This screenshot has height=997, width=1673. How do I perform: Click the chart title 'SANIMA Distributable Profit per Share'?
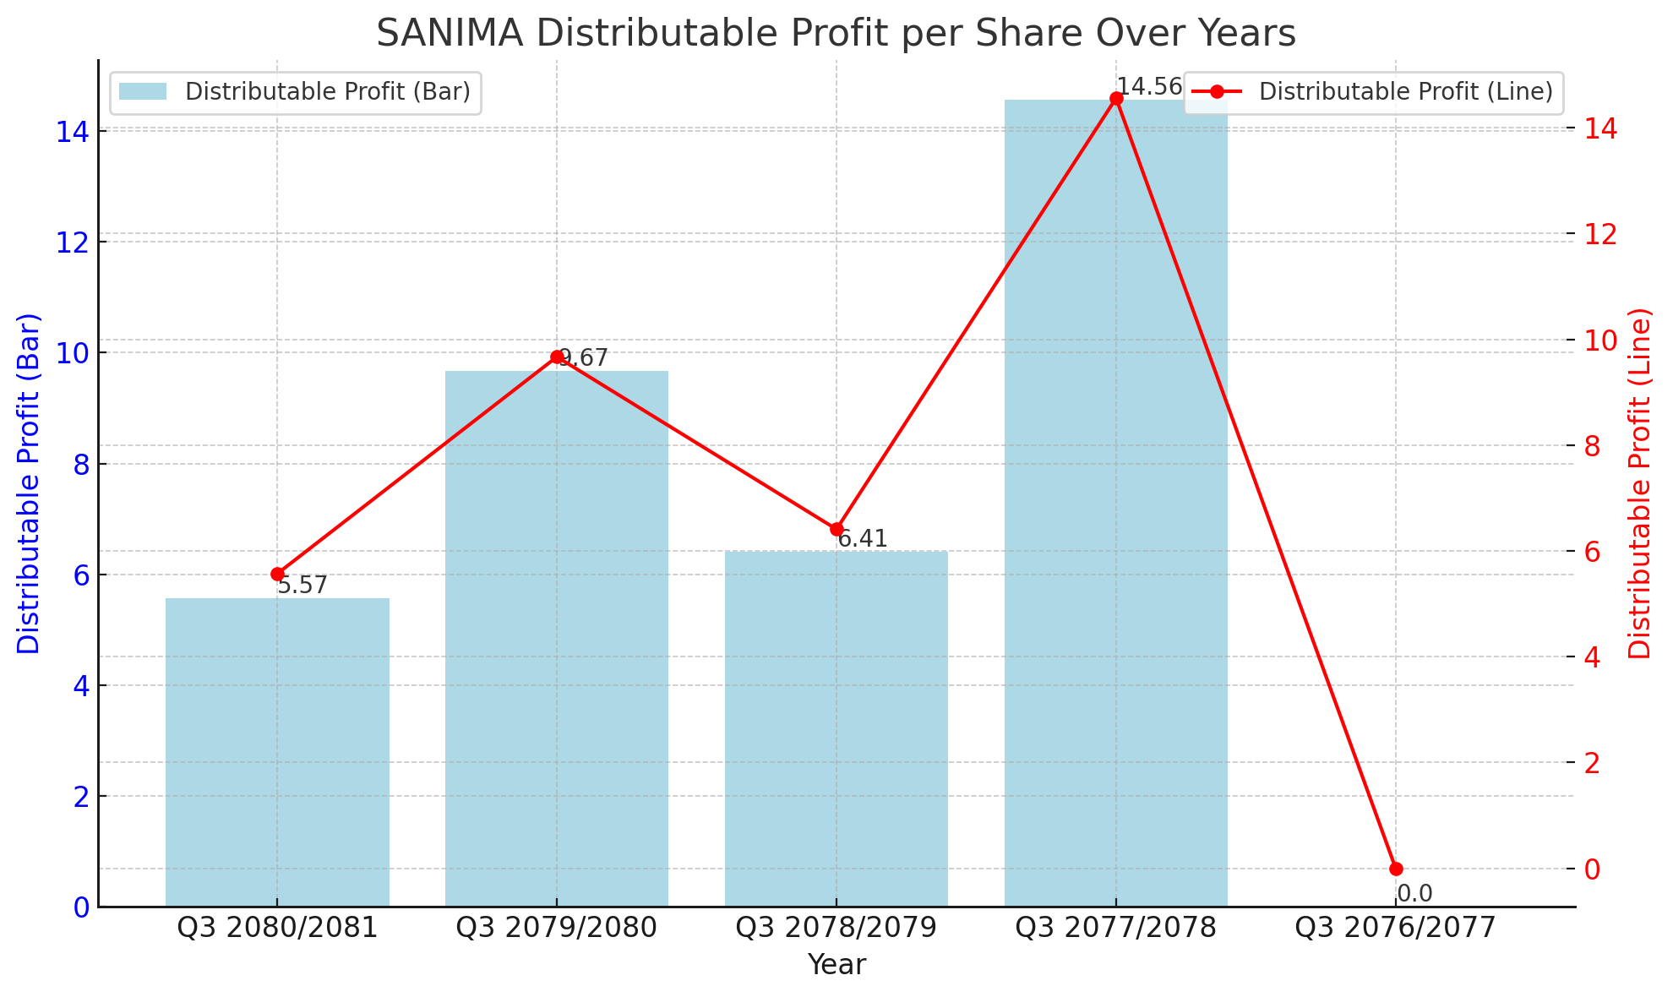(836, 34)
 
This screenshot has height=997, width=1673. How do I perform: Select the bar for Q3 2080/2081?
(277, 752)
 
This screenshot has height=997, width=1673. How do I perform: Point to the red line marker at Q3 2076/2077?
(1396, 869)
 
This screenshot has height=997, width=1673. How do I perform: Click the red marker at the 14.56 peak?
(1116, 99)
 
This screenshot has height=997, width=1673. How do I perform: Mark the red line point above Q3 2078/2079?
(836, 530)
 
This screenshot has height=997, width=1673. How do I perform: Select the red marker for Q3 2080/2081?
(277, 575)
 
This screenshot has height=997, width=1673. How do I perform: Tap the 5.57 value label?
(302, 586)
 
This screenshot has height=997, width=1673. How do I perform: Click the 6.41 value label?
(863, 539)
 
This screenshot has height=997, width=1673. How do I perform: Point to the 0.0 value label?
(1414, 894)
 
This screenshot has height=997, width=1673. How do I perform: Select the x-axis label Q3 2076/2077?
(1396, 928)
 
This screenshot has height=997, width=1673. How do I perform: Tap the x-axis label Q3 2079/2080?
(557, 928)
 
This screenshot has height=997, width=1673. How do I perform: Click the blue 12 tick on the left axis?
(74, 242)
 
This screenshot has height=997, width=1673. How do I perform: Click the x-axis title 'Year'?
(836, 965)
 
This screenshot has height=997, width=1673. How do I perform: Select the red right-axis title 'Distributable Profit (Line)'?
(1640, 483)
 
